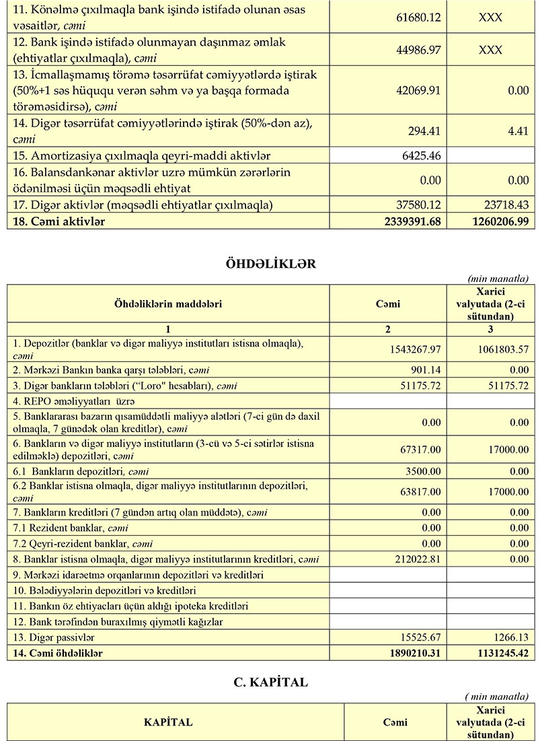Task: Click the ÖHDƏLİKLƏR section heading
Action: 271,263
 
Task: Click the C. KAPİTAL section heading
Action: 270,682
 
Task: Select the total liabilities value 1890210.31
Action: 409,652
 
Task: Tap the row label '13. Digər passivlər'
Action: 54,637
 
